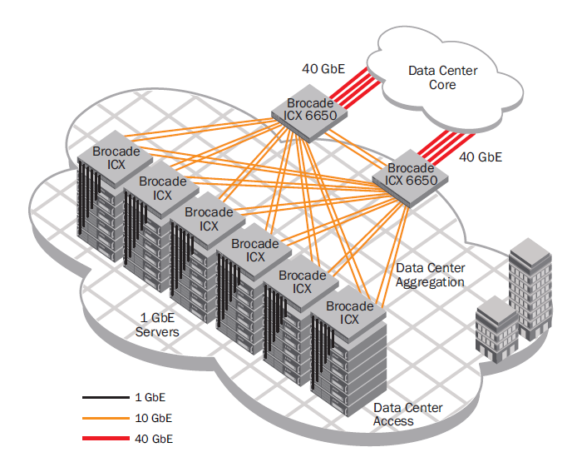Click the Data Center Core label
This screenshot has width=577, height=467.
coord(442,77)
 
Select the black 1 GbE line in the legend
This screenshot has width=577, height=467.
coord(106,397)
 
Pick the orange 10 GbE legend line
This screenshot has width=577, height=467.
coord(106,418)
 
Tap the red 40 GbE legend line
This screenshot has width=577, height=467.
coord(106,438)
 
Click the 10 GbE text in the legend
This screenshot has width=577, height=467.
coord(154,418)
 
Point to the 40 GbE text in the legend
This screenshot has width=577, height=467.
coord(154,439)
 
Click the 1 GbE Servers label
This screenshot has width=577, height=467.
coord(157,325)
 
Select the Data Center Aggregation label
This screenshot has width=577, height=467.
coord(430,275)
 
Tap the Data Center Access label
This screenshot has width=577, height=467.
coord(407,415)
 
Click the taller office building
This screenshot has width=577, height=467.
coord(530,289)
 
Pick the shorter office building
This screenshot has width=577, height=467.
coord(497,330)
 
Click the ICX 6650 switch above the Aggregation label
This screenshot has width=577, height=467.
coord(410,179)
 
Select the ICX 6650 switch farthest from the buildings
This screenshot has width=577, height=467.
coord(309,113)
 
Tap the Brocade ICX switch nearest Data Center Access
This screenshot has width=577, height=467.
coord(349,313)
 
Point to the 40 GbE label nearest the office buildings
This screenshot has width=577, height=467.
coord(481,157)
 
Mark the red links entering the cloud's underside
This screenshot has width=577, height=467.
coord(446,147)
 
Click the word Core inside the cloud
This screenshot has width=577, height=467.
coord(442,85)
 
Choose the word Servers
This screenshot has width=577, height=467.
coord(157,332)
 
